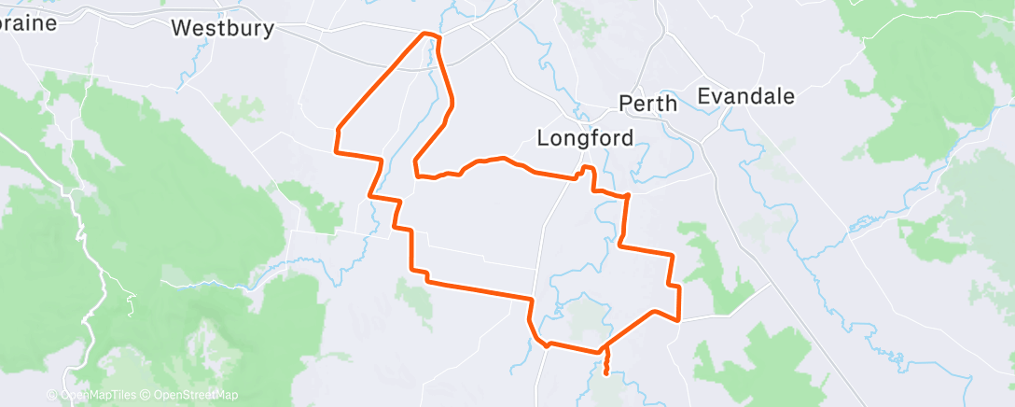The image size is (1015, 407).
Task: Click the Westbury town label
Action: pyautogui.click(x=223, y=29)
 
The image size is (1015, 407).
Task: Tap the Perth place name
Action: pyautogui.click(x=648, y=103)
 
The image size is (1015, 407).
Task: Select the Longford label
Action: pyautogui.click(x=585, y=138)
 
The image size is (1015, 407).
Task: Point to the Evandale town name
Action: pyautogui.click(x=746, y=96)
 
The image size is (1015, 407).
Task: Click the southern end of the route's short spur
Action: pyautogui.click(x=607, y=373)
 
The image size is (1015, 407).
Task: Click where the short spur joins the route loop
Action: pyautogui.click(x=605, y=353)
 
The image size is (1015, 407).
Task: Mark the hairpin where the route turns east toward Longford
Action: pyautogui.click(x=416, y=170)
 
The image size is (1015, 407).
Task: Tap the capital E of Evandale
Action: pyautogui.click(x=705, y=96)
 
